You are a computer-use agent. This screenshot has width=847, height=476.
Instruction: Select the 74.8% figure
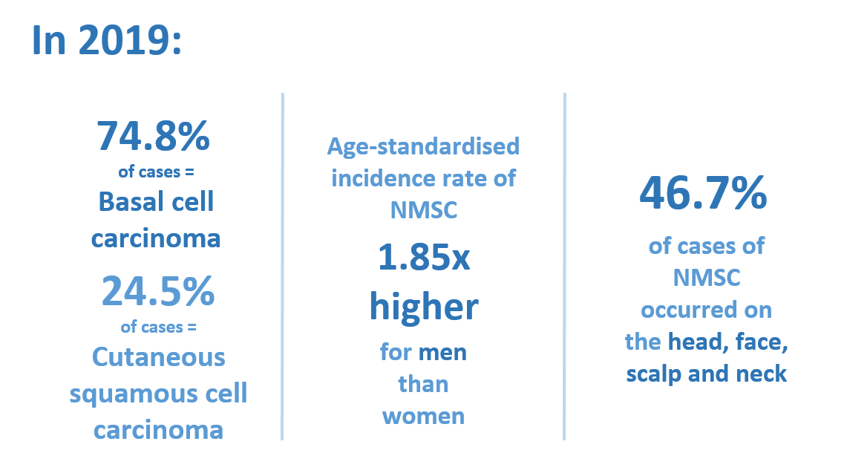coord(154,136)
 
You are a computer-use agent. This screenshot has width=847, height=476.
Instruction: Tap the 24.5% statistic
coord(158,291)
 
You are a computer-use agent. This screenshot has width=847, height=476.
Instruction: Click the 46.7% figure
coord(702,195)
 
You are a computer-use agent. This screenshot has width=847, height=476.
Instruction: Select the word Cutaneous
coord(158,357)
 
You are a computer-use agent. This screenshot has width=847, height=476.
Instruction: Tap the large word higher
coord(423,307)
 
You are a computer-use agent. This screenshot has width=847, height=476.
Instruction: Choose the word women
coord(423,416)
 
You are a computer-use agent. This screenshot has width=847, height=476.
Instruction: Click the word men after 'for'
coord(442,351)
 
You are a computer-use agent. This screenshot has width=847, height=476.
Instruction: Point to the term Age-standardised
coord(423,146)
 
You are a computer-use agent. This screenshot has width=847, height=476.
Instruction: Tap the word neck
coord(762,374)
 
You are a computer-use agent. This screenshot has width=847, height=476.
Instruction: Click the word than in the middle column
coord(423,384)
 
